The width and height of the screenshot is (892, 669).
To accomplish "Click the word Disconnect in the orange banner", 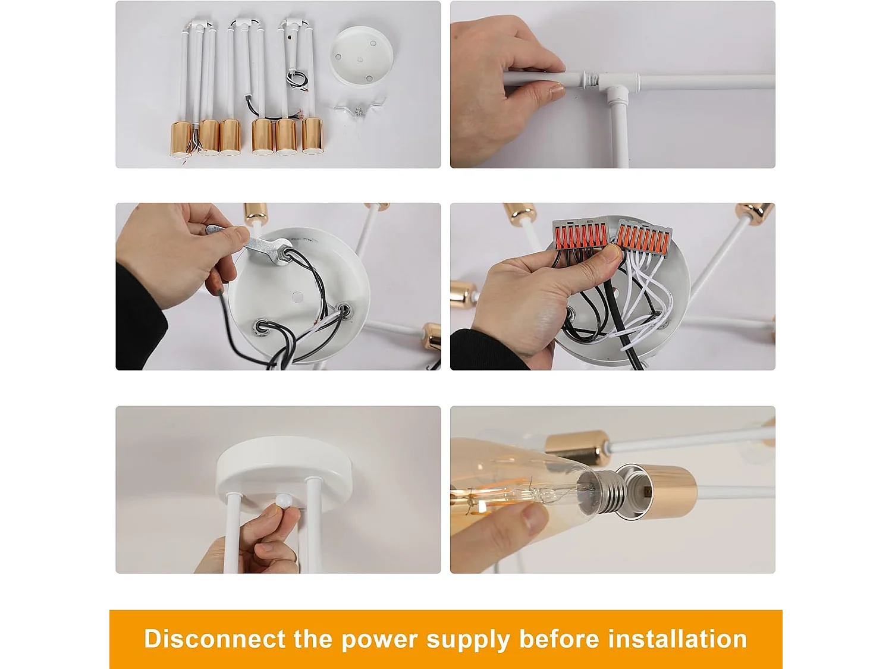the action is tap(215, 639).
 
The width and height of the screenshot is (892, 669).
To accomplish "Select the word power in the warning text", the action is tap(379, 642).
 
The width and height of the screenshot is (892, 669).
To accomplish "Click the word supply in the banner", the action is tap(468, 642).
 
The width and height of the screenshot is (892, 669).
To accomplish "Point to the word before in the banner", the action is tap(559, 639).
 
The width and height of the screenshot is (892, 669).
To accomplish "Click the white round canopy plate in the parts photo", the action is tap(361, 56).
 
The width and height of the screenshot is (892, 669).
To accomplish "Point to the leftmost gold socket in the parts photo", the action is tap(181, 139).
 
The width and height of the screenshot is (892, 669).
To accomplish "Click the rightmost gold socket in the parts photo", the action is tap(312, 136).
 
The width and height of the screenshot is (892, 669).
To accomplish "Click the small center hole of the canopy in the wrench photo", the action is tap(297, 297).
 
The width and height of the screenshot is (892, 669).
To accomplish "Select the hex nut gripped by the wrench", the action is tap(281, 255).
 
